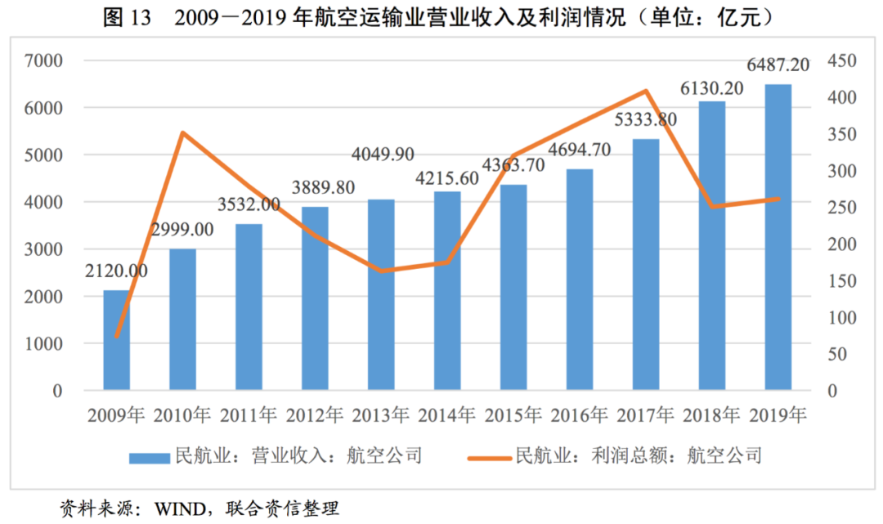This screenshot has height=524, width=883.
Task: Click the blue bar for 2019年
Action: [x=778, y=237]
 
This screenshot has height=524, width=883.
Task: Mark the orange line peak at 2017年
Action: [x=646, y=91]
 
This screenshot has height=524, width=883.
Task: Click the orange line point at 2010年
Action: [x=183, y=132]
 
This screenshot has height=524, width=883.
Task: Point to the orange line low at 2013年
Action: [x=381, y=271]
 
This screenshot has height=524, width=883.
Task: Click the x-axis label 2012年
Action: [x=315, y=414]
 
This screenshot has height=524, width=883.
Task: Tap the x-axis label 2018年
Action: [x=712, y=414]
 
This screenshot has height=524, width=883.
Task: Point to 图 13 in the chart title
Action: [x=127, y=17]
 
